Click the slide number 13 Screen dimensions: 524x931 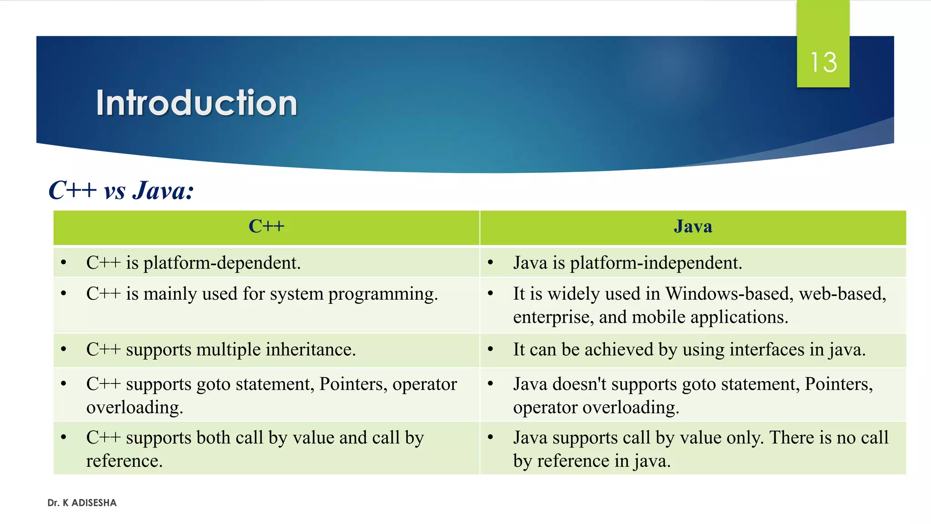point(823,62)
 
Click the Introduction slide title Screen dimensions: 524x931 point(196,103)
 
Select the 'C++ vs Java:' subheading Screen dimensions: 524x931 point(121,190)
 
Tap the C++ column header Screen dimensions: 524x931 point(266,227)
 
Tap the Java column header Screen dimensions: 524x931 point(693,227)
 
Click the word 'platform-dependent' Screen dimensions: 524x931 point(222,263)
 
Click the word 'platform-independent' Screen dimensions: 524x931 point(656,263)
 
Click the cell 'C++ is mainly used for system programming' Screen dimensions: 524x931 point(262,294)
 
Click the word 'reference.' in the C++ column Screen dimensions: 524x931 point(125,461)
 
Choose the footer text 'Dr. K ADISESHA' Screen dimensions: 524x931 point(82,503)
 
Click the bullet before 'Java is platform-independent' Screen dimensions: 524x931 point(491,262)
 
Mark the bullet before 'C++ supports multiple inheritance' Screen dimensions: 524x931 point(64,349)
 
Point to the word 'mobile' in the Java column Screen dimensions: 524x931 point(659,317)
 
